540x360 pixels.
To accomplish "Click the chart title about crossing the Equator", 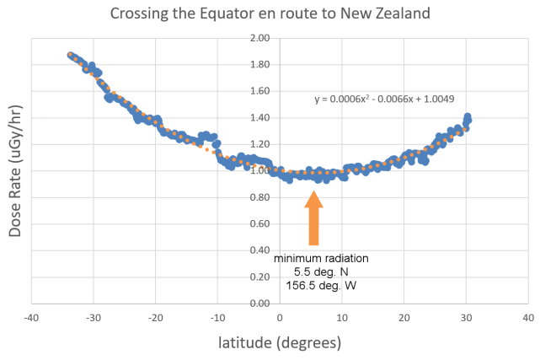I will (270, 13).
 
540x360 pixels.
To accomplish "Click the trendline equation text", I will (384, 99).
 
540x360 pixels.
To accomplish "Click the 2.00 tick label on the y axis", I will (259, 39).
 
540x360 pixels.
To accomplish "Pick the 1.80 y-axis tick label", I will (259, 65).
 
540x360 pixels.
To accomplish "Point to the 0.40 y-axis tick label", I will (259, 250).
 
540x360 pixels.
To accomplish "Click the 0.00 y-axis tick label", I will (259, 304).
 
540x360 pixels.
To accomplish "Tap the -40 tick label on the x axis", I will (31, 318).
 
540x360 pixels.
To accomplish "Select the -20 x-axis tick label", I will (155, 318).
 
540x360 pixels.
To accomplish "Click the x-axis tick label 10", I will (342, 318).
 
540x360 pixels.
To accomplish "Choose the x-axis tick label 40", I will (527, 318).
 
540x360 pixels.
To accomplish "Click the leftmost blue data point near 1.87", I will (71, 55).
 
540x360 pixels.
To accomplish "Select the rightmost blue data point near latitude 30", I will (468, 117).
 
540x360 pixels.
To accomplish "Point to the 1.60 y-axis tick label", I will (259, 92).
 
